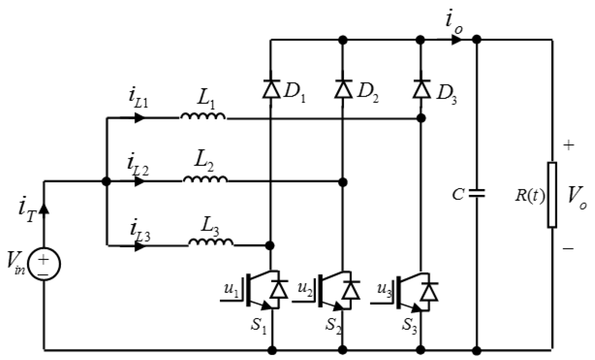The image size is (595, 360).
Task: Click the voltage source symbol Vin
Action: (44, 264)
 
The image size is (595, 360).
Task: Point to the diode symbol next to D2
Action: (343, 89)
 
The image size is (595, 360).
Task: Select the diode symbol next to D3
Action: (421, 89)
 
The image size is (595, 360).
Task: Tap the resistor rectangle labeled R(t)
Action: (552, 194)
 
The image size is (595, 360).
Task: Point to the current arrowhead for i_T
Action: (44, 209)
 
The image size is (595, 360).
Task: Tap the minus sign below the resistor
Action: (568, 249)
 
